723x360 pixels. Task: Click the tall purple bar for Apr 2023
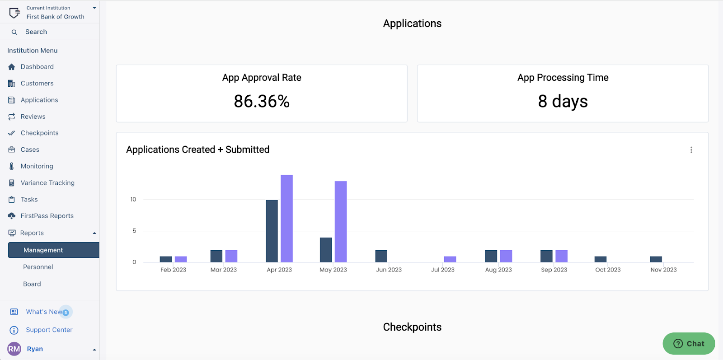[286, 219]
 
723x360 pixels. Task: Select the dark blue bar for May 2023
[326, 250]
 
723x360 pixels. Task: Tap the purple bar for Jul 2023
[450, 259]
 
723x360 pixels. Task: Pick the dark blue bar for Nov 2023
[656, 259]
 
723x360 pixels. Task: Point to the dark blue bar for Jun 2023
[381, 256]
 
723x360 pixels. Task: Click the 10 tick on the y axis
[133, 199]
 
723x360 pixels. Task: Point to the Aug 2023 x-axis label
[498, 270]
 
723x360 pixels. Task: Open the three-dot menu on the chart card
[691, 150]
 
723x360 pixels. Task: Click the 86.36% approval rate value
[262, 101]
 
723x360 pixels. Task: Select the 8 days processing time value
[563, 101]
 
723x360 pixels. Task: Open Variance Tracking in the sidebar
[47, 183]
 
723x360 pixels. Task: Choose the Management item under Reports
[43, 250]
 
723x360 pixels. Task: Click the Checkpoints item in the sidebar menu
[39, 133]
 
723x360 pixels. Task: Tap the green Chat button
[689, 344]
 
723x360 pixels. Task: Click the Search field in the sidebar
[36, 32]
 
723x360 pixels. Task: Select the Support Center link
[49, 330]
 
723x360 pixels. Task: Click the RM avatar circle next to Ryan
[14, 349]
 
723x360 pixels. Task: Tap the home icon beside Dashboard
[12, 67]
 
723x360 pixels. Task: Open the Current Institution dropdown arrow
[94, 8]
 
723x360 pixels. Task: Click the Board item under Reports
[32, 284]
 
